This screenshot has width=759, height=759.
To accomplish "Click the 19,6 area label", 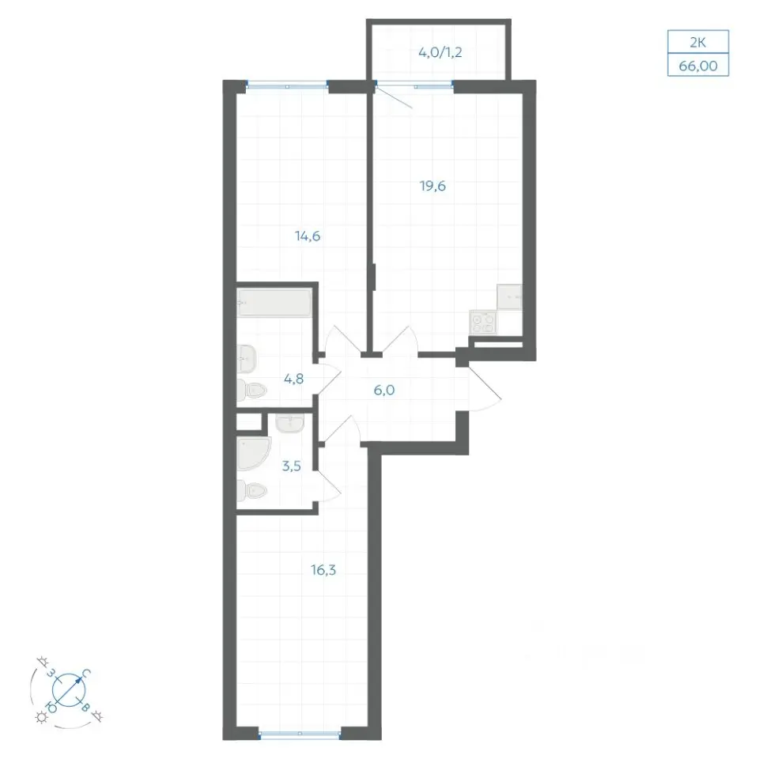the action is coord(432,186).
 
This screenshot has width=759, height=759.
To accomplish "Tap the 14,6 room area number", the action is coord(308,236).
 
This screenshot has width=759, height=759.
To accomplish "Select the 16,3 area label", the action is coord(323,570).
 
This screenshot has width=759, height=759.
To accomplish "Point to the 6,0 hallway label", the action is coord(384,390).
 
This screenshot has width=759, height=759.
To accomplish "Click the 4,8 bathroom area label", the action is coord(294,379).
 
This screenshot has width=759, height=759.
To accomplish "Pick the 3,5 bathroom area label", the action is coord(292,466).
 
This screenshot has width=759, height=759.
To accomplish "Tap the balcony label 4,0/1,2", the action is coord(440,52).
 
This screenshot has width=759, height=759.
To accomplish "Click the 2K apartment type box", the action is coord(698,42).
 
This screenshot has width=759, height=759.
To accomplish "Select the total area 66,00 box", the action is coord(698,65).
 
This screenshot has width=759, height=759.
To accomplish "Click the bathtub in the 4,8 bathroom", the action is coord(274,303).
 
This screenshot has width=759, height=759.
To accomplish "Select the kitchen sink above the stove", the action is coord(509,296).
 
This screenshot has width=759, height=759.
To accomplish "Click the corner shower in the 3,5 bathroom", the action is coord(254,453).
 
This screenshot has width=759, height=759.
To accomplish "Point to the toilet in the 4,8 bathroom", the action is coord(251,390).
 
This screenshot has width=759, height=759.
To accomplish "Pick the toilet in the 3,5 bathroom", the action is coord(251,491).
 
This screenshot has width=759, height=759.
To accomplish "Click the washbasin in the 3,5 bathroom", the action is coord(290,423).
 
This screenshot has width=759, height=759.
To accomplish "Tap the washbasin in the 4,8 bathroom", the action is coord(247,359).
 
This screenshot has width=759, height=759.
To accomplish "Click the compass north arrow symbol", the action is coord(69,689).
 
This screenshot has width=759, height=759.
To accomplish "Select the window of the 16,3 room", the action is coord(300,734).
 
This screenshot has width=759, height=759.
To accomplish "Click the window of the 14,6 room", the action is coord(288,86).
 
